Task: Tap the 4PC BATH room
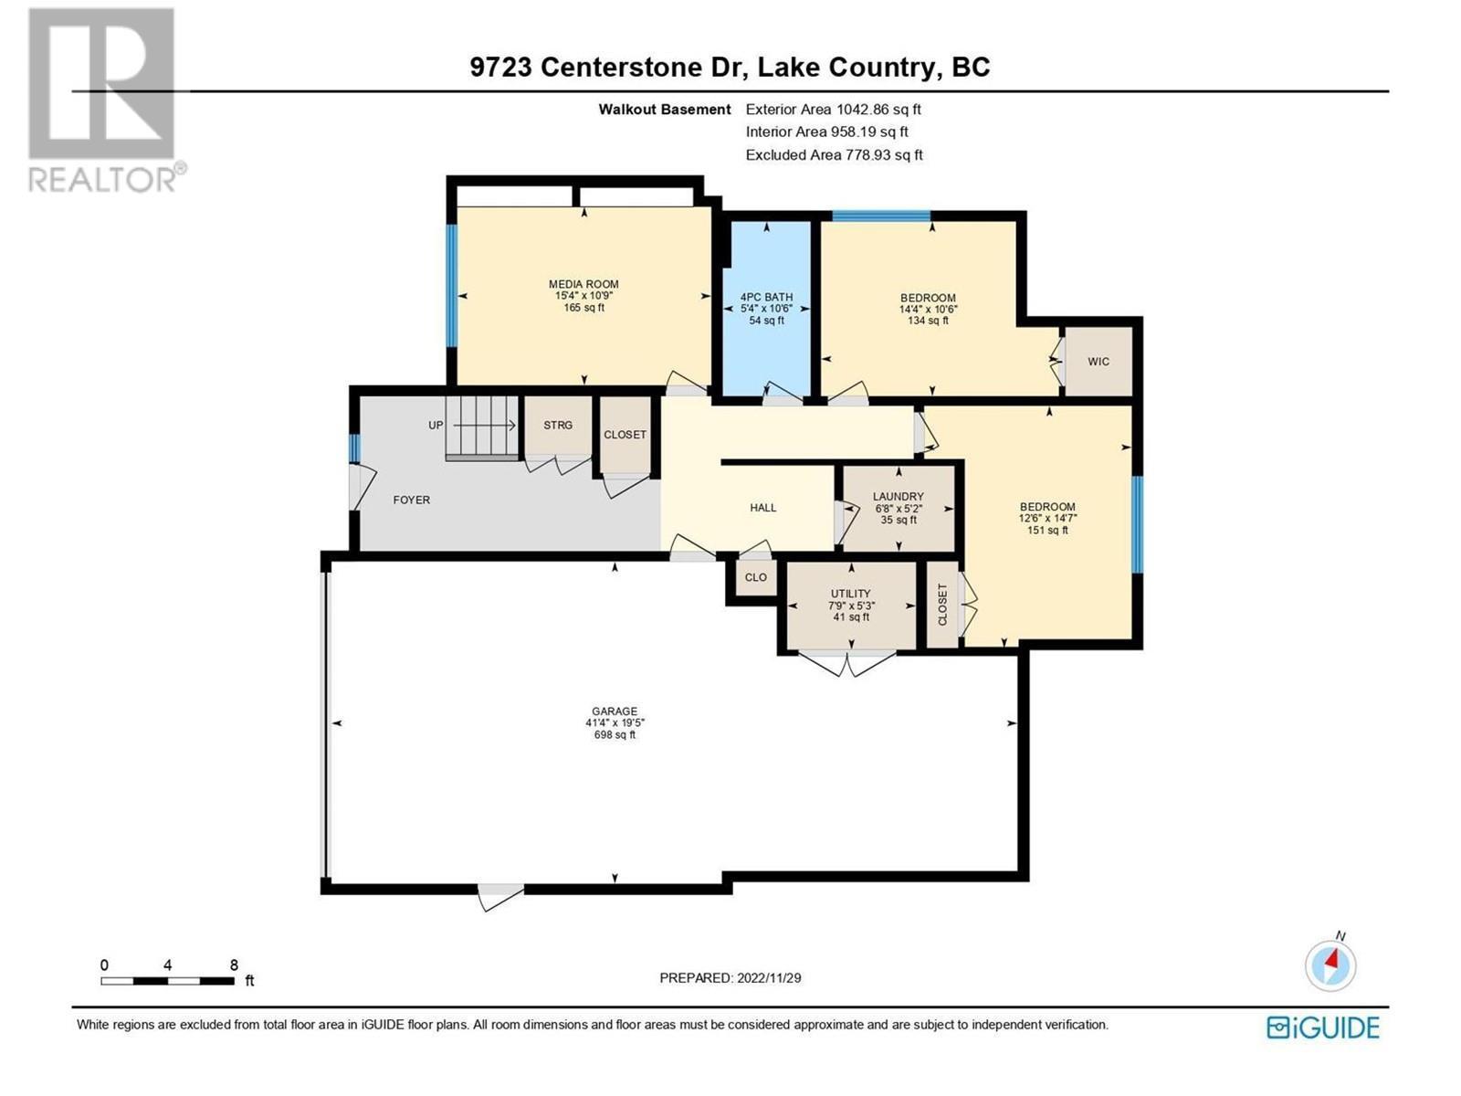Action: [766, 309]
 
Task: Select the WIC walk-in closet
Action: [1098, 362]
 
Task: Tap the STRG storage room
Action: [558, 426]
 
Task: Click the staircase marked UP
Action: [482, 427]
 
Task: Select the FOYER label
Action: [411, 500]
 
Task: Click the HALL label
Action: [763, 508]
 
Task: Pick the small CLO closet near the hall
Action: [755, 577]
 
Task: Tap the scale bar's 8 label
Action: [234, 964]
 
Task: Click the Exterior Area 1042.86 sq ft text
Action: [833, 109]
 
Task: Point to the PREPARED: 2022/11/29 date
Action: [730, 977]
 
